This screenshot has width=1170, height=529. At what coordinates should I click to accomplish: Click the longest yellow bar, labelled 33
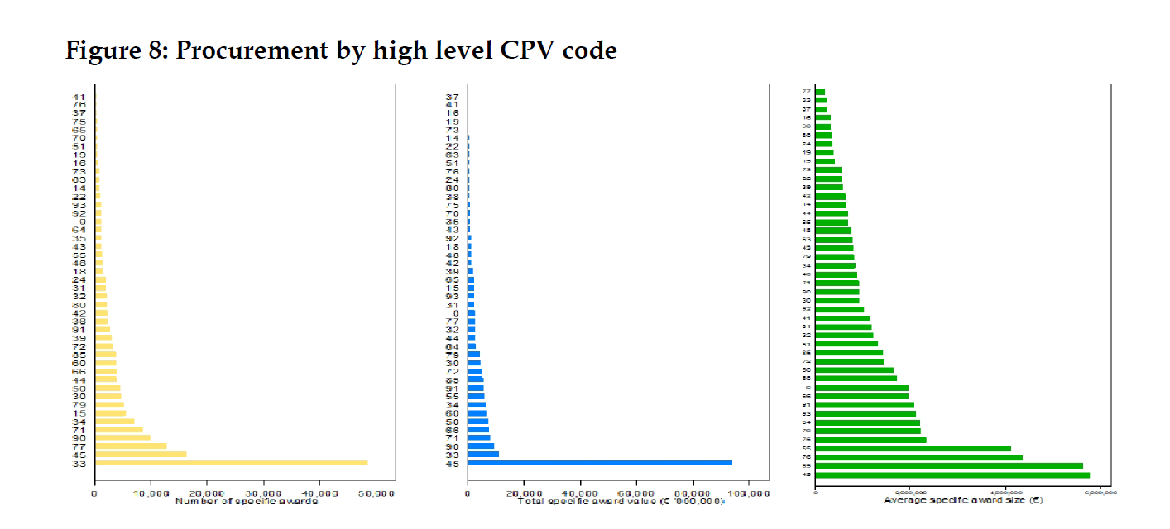tap(231, 462)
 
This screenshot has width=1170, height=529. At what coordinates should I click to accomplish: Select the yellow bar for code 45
tap(141, 454)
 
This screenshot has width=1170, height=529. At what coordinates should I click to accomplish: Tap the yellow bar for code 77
tap(131, 446)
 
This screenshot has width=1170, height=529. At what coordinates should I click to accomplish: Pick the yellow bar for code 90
tap(122, 437)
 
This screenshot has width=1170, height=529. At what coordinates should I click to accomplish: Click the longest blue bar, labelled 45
tap(600, 462)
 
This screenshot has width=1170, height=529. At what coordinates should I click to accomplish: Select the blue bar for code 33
tap(483, 454)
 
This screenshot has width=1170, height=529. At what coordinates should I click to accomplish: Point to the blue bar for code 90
tap(481, 446)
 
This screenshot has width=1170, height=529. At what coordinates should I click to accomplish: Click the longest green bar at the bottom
tap(952, 474)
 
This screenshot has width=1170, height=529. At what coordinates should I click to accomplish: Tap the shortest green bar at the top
tap(820, 92)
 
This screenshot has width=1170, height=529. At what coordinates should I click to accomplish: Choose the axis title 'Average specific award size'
tap(952, 500)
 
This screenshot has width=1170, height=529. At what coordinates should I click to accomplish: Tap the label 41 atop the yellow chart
tap(79, 97)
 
